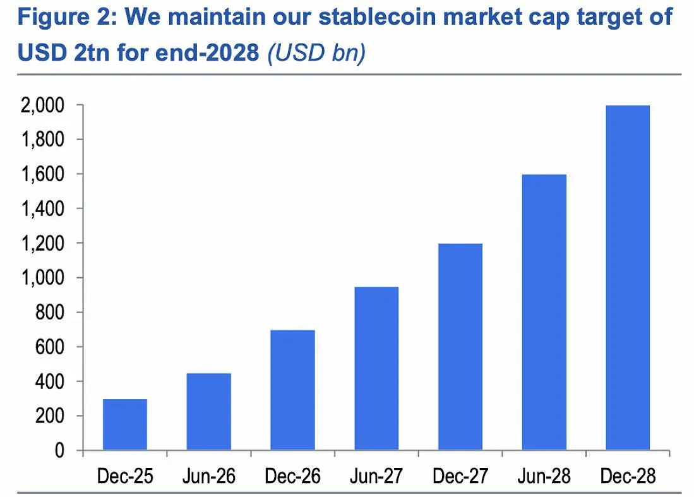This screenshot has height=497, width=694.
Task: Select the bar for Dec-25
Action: coord(124,424)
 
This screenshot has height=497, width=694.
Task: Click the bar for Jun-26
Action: coord(208,412)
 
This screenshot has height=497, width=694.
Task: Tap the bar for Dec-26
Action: coord(292,390)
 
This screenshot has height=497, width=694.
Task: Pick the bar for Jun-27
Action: coord(376,369)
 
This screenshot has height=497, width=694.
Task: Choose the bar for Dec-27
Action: coord(460,347)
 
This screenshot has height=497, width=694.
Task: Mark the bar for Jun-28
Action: coord(544,313)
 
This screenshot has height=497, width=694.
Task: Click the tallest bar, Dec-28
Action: coord(628,278)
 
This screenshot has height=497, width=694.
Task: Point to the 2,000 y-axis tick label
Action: coord(42,105)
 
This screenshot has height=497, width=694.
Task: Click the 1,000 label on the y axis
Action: coord(42,278)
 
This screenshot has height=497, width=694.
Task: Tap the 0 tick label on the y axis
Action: coord(60,451)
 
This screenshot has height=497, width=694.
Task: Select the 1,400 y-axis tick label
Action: coord(42,209)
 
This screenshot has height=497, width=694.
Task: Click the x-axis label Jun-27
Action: coord(376,476)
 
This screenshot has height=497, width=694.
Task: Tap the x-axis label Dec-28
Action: coord(628,476)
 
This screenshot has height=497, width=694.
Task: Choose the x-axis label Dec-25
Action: coord(124,476)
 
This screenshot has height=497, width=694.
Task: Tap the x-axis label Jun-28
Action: coord(544,476)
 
